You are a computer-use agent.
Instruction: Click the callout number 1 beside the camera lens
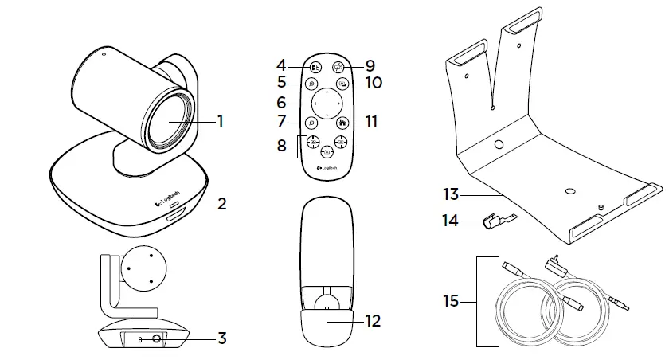click(221, 122)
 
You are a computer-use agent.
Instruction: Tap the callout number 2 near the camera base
click(222, 204)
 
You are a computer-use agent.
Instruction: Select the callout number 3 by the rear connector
click(222, 338)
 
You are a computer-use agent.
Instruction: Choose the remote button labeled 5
click(311, 83)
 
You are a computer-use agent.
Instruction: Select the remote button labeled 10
click(342, 83)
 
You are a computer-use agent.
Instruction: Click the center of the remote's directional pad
click(327, 103)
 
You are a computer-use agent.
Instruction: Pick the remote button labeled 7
click(311, 123)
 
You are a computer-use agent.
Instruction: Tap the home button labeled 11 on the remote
click(342, 123)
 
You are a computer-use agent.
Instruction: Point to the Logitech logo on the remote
click(327, 167)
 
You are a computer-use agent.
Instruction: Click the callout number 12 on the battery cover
click(371, 322)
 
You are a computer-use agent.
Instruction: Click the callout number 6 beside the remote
click(282, 103)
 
